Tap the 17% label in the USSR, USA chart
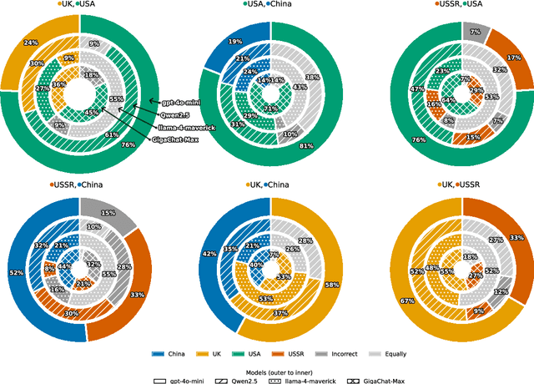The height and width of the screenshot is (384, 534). pyautogui.click(x=513, y=58)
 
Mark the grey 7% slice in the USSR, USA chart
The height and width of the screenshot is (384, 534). pyautogui.click(x=474, y=31)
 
